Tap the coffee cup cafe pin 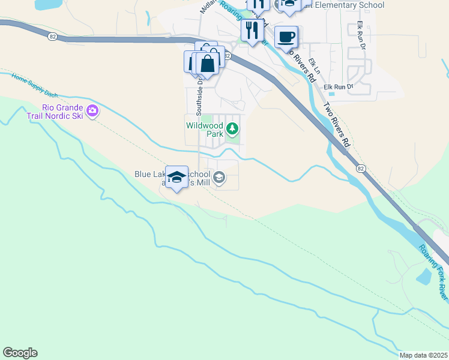coord(286,37)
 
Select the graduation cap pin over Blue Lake coord(176,178)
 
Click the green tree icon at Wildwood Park coord(232,128)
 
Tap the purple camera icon coord(92,110)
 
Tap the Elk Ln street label coord(315,66)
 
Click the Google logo coord(20,353)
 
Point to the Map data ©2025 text coord(423,355)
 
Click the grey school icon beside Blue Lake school coord(220,176)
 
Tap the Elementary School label coord(355,5)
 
